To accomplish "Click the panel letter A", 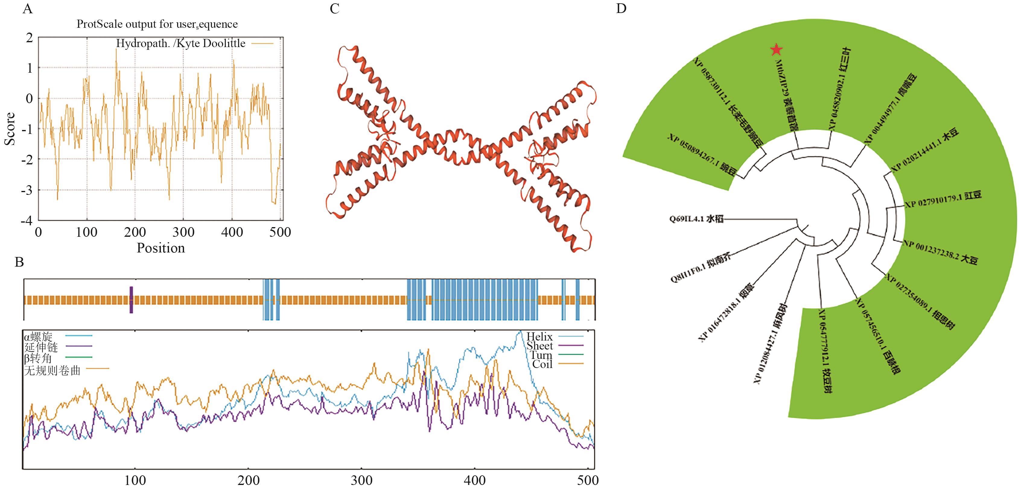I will point(27,9).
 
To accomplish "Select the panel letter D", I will point(621,9).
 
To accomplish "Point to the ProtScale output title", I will point(157,24).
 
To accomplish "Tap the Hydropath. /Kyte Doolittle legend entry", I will point(181,43).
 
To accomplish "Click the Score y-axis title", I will point(10,129).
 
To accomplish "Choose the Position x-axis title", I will point(161,248).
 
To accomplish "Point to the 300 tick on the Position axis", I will point(183,232).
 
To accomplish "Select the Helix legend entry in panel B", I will point(539,337).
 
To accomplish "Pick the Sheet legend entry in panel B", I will point(539,346).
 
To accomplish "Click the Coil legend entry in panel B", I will point(542,364).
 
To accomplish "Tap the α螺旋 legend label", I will point(38,337).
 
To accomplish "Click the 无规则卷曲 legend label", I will point(52,370).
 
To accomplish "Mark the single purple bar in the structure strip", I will point(131,299).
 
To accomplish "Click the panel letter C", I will point(335,9).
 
